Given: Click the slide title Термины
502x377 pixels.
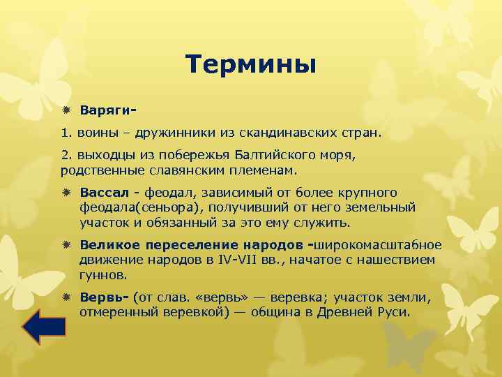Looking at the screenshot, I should pyautogui.click(x=251, y=65).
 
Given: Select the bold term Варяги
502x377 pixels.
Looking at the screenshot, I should pyautogui.click(x=104, y=110).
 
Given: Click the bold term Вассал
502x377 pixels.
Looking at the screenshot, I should pyautogui.click(x=105, y=192).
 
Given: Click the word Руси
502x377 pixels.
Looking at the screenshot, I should pyautogui.click(x=394, y=312).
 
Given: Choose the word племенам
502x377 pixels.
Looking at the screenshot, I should pyautogui.click(x=263, y=169).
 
